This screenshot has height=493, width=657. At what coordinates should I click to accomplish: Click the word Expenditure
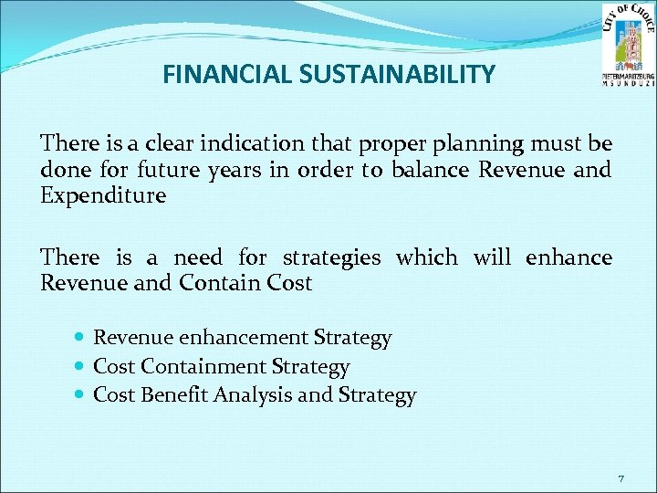[x=104, y=195]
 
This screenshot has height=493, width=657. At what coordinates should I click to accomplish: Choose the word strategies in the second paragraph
[x=331, y=257]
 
